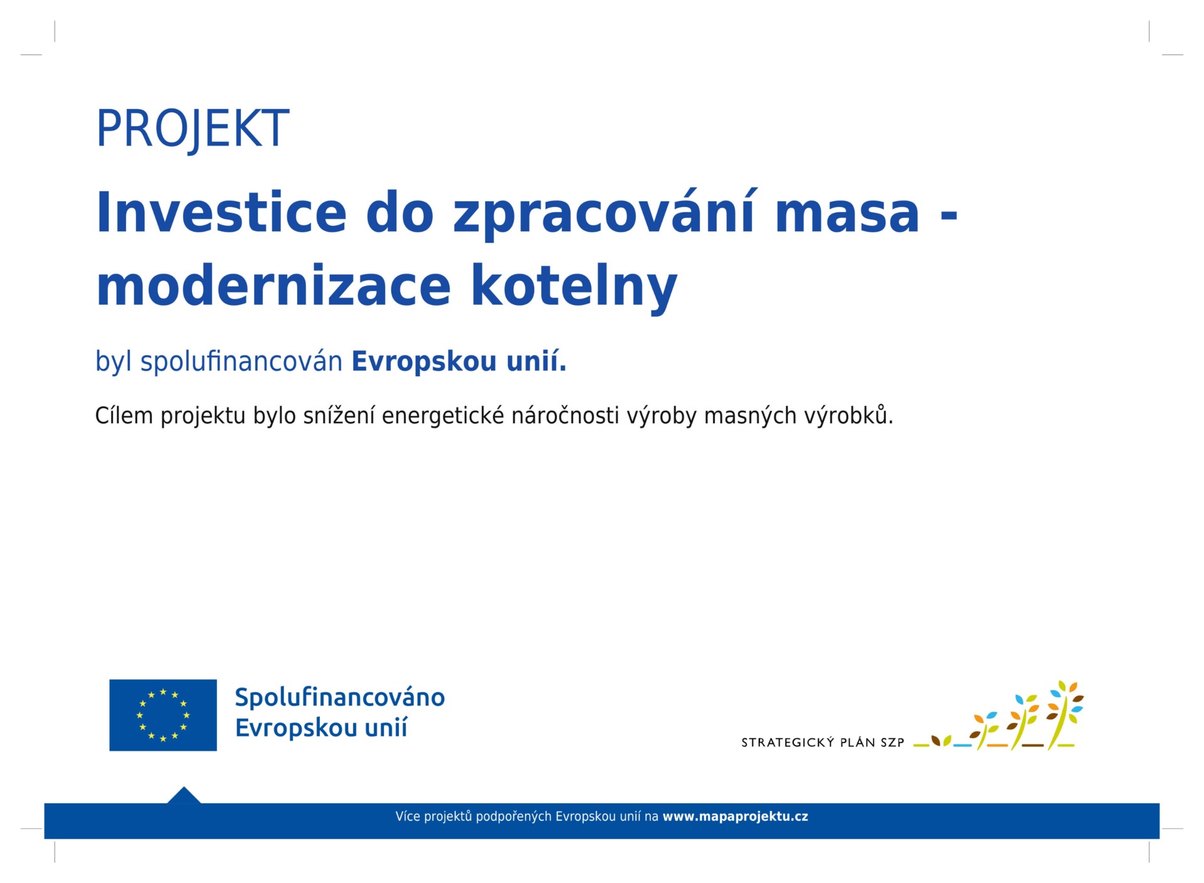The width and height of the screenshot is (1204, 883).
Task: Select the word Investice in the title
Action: (x=221, y=213)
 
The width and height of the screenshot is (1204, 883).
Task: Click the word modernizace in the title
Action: (x=274, y=285)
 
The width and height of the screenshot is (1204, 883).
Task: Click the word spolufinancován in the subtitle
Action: (x=241, y=362)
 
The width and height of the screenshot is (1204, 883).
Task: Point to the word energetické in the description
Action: (x=442, y=415)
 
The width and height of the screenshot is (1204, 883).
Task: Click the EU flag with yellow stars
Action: (x=163, y=715)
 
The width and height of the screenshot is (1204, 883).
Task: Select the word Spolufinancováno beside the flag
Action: (x=340, y=697)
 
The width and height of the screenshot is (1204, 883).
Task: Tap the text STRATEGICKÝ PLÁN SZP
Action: (x=823, y=743)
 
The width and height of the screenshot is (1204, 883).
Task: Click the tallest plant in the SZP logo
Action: (x=1065, y=714)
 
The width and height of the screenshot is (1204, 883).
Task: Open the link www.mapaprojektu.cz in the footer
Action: (x=736, y=817)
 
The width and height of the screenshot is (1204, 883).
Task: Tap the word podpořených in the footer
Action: (x=514, y=817)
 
